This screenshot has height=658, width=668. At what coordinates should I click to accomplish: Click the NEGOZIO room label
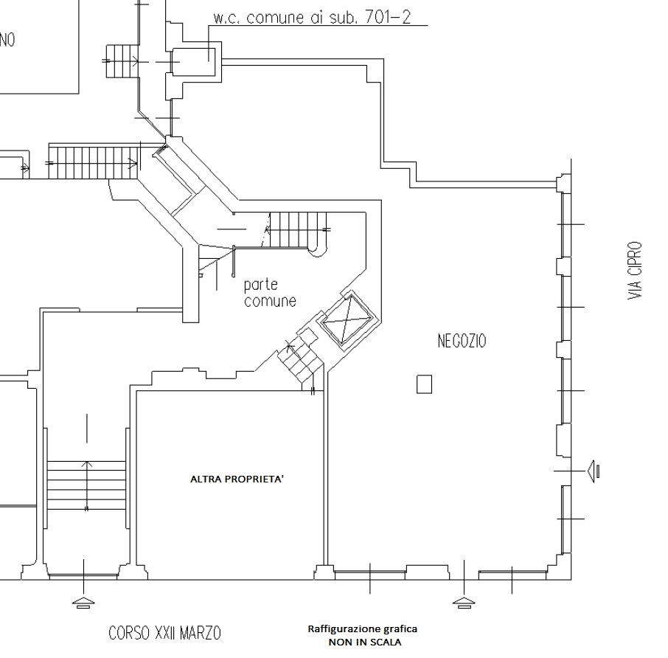coord(462,341)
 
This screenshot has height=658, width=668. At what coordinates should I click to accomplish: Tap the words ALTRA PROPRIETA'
coord(237,479)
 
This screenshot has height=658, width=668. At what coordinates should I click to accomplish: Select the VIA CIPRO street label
coord(635,271)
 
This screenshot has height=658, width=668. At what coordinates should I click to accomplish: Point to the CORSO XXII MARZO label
coord(165,633)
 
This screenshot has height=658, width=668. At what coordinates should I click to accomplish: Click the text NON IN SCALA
coord(365,642)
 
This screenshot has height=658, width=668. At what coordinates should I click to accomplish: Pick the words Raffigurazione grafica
coord(363,629)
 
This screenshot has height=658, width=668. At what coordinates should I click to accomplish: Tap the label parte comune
coord(270,293)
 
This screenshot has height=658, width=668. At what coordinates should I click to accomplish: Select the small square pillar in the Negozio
coord(424,384)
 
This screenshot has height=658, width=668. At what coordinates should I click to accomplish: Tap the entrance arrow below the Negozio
coord(464,603)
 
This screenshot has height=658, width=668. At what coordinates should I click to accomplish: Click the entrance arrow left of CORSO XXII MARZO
coord(83,603)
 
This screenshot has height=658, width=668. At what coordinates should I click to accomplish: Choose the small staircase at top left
coord(122,61)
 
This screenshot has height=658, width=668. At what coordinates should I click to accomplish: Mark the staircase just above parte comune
coord(298,230)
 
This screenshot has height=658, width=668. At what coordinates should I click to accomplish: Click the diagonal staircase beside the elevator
coord(300,361)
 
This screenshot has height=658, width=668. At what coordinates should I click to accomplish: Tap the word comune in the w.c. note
coord(275,18)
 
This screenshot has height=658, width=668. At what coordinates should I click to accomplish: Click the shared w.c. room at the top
coord(193,62)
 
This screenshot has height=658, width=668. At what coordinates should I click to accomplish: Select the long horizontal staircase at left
coord(94,163)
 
